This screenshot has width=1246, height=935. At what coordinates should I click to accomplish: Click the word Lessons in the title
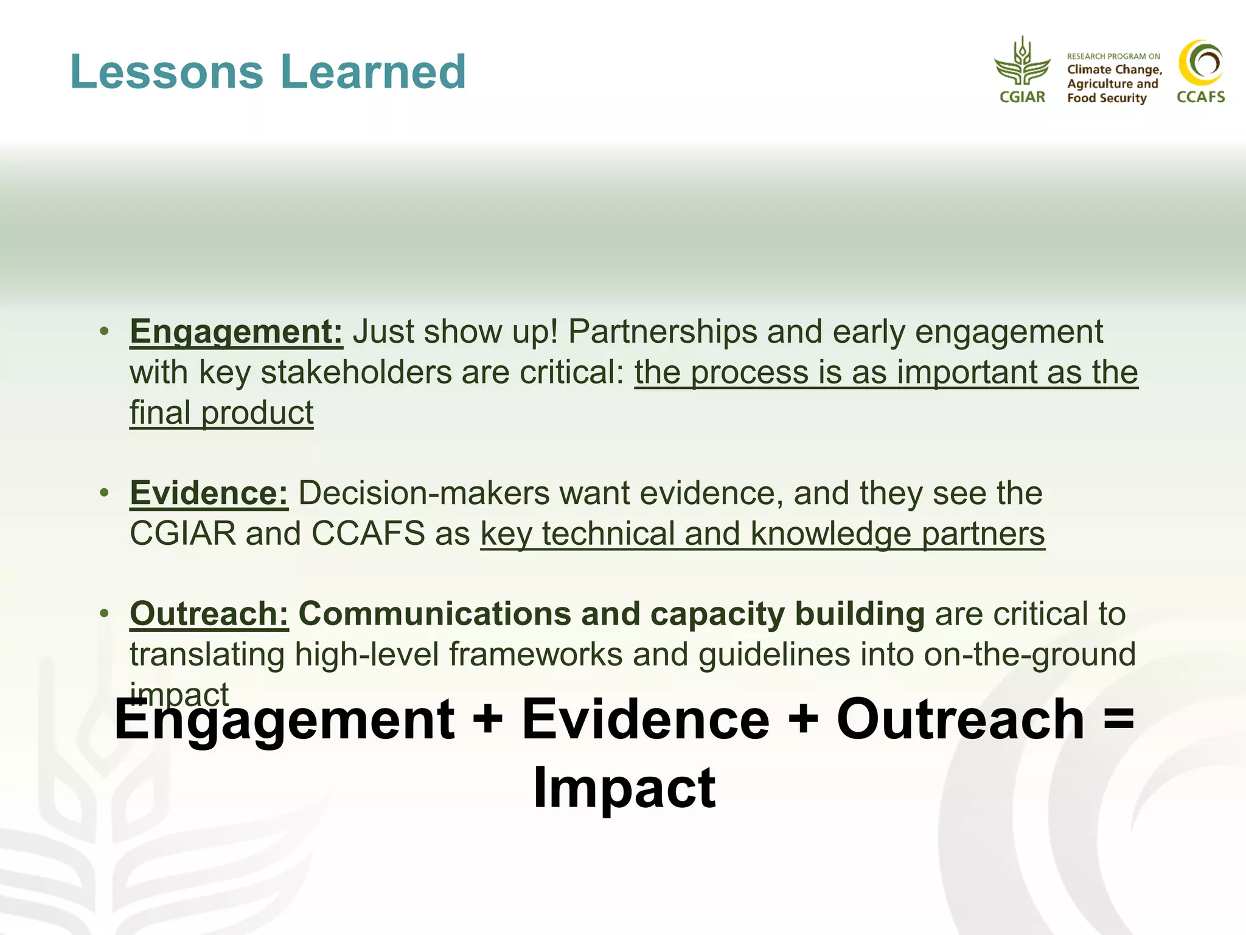(167, 72)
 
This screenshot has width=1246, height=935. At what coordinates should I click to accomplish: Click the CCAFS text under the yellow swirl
(1200, 97)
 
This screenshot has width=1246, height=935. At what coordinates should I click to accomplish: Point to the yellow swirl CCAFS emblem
(1200, 63)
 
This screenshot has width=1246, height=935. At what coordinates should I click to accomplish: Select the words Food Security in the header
(1106, 99)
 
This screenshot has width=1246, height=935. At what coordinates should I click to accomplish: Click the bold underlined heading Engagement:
(236, 332)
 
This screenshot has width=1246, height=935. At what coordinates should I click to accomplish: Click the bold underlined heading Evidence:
(209, 493)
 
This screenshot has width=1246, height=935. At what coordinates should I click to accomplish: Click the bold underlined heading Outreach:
(209, 614)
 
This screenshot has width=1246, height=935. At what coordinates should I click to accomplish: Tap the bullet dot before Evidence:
(105, 492)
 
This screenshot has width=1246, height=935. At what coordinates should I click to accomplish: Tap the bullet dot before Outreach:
(105, 612)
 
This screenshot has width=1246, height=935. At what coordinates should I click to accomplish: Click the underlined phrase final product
(221, 413)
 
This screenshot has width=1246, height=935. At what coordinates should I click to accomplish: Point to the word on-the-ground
(1029, 655)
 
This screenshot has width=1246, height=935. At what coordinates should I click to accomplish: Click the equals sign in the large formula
(1118, 720)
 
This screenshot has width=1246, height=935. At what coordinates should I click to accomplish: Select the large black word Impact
(624, 788)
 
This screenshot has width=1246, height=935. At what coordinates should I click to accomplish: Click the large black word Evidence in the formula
(646, 720)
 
